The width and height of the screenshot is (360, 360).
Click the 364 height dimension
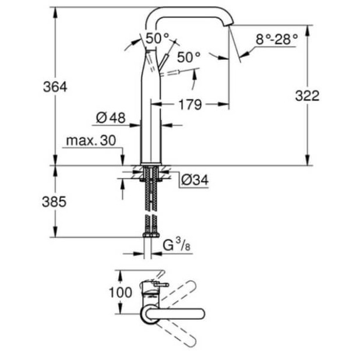click(55, 87)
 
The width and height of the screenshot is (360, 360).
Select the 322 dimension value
click(307, 96)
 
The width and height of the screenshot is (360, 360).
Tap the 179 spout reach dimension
click(189, 105)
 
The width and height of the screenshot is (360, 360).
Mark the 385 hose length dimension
click(55, 202)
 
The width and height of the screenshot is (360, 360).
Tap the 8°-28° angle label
click(276, 40)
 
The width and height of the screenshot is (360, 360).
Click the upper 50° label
click(157, 38)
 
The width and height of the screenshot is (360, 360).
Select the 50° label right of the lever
click(188, 57)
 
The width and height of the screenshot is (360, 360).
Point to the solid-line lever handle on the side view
click(164, 63)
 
